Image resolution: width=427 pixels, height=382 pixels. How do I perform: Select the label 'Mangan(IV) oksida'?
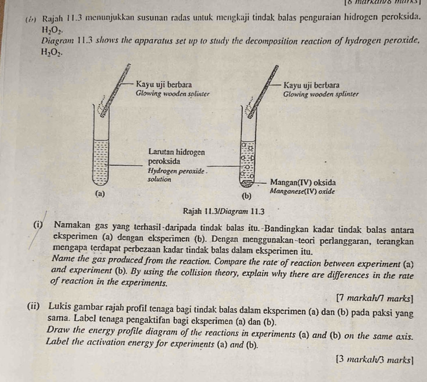(304, 181)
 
